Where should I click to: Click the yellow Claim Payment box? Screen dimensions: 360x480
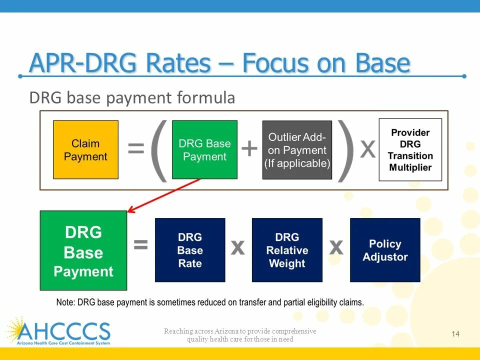(x=85, y=150)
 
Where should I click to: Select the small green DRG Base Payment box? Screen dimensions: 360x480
(x=204, y=150)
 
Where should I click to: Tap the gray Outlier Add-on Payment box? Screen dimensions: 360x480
(x=297, y=150)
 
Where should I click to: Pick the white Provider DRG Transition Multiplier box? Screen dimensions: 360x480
(x=410, y=150)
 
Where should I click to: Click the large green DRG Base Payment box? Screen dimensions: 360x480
(x=83, y=250)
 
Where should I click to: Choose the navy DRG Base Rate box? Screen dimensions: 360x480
(x=190, y=250)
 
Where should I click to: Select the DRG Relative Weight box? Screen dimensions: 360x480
(x=287, y=250)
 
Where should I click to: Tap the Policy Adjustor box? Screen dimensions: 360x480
(x=385, y=250)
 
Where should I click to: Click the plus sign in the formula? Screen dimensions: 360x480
(x=249, y=148)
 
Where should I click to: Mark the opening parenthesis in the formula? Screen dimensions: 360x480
(x=159, y=150)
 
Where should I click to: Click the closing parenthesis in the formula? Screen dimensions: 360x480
(x=345, y=150)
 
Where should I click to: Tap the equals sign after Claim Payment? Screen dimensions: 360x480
(x=136, y=148)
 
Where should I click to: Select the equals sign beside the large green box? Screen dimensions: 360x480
(x=140, y=245)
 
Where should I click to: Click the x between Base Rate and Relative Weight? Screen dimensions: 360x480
(x=238, y=246)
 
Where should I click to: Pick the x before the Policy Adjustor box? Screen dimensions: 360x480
(x=336, y=246)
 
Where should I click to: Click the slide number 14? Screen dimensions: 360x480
(x=455, y=334)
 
